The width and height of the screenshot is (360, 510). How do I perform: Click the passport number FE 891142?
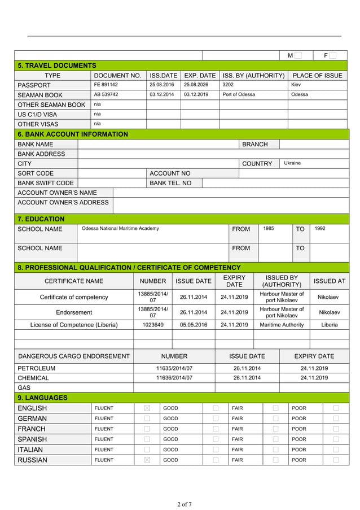pos(106,85)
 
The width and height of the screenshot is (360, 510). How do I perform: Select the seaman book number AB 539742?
pos(106,94)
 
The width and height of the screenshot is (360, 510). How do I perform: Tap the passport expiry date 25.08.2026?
pos(196,85)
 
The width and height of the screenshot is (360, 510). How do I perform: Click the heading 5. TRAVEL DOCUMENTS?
pos(57,66)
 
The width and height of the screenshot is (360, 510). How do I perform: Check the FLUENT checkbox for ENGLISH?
pos(147,408)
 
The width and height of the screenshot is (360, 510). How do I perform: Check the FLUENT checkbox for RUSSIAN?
pos(147,460)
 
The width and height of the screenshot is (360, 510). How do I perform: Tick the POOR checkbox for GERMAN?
pos(336,419)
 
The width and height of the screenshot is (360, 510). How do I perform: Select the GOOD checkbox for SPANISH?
pos(216,439)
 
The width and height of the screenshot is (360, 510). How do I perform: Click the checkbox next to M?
pos(298,55)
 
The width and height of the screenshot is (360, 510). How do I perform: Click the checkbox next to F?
pos(333,55)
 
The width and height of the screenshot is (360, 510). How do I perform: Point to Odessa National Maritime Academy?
pos(120,229)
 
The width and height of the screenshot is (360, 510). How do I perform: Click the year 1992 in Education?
pos(319,229)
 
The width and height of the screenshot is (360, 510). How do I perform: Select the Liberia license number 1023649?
pos(153,325)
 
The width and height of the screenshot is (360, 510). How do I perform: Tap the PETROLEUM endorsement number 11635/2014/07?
pos(174,368)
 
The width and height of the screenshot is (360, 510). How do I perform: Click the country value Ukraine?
pos(292,163)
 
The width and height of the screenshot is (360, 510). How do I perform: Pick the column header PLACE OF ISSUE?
pos(317,76)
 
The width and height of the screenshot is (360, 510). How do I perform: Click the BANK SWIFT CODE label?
pos(46,183)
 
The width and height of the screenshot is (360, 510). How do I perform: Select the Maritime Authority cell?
pos(282,325)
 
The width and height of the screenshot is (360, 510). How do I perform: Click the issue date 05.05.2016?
pos(194,325)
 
